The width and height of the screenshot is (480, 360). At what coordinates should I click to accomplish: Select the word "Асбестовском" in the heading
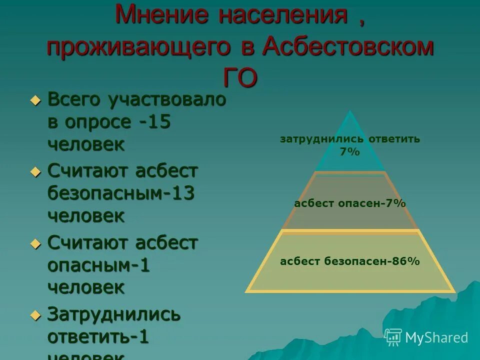pos(348,46)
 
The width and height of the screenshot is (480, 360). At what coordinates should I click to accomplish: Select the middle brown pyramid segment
pos(350,215)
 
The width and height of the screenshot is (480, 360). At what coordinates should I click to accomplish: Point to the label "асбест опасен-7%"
pos(350,203)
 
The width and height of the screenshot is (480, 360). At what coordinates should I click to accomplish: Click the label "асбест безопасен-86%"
pos(350,261)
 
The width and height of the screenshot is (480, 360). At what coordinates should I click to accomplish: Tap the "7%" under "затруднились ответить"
pos(350,152)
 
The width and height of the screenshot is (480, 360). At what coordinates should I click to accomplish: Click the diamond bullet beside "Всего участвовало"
pos(35,100)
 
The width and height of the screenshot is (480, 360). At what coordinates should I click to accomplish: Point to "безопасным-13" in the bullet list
pos(121,193)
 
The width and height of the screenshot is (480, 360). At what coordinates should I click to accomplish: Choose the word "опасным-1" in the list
pos(98,265)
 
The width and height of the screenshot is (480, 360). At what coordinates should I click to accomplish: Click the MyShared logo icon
pos(393,337)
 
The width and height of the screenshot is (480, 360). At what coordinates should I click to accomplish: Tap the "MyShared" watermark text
pos(436,337)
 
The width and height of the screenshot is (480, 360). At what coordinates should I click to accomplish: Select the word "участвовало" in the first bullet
pos(166,99)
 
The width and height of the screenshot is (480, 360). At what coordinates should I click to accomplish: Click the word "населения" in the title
pos(282,15)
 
